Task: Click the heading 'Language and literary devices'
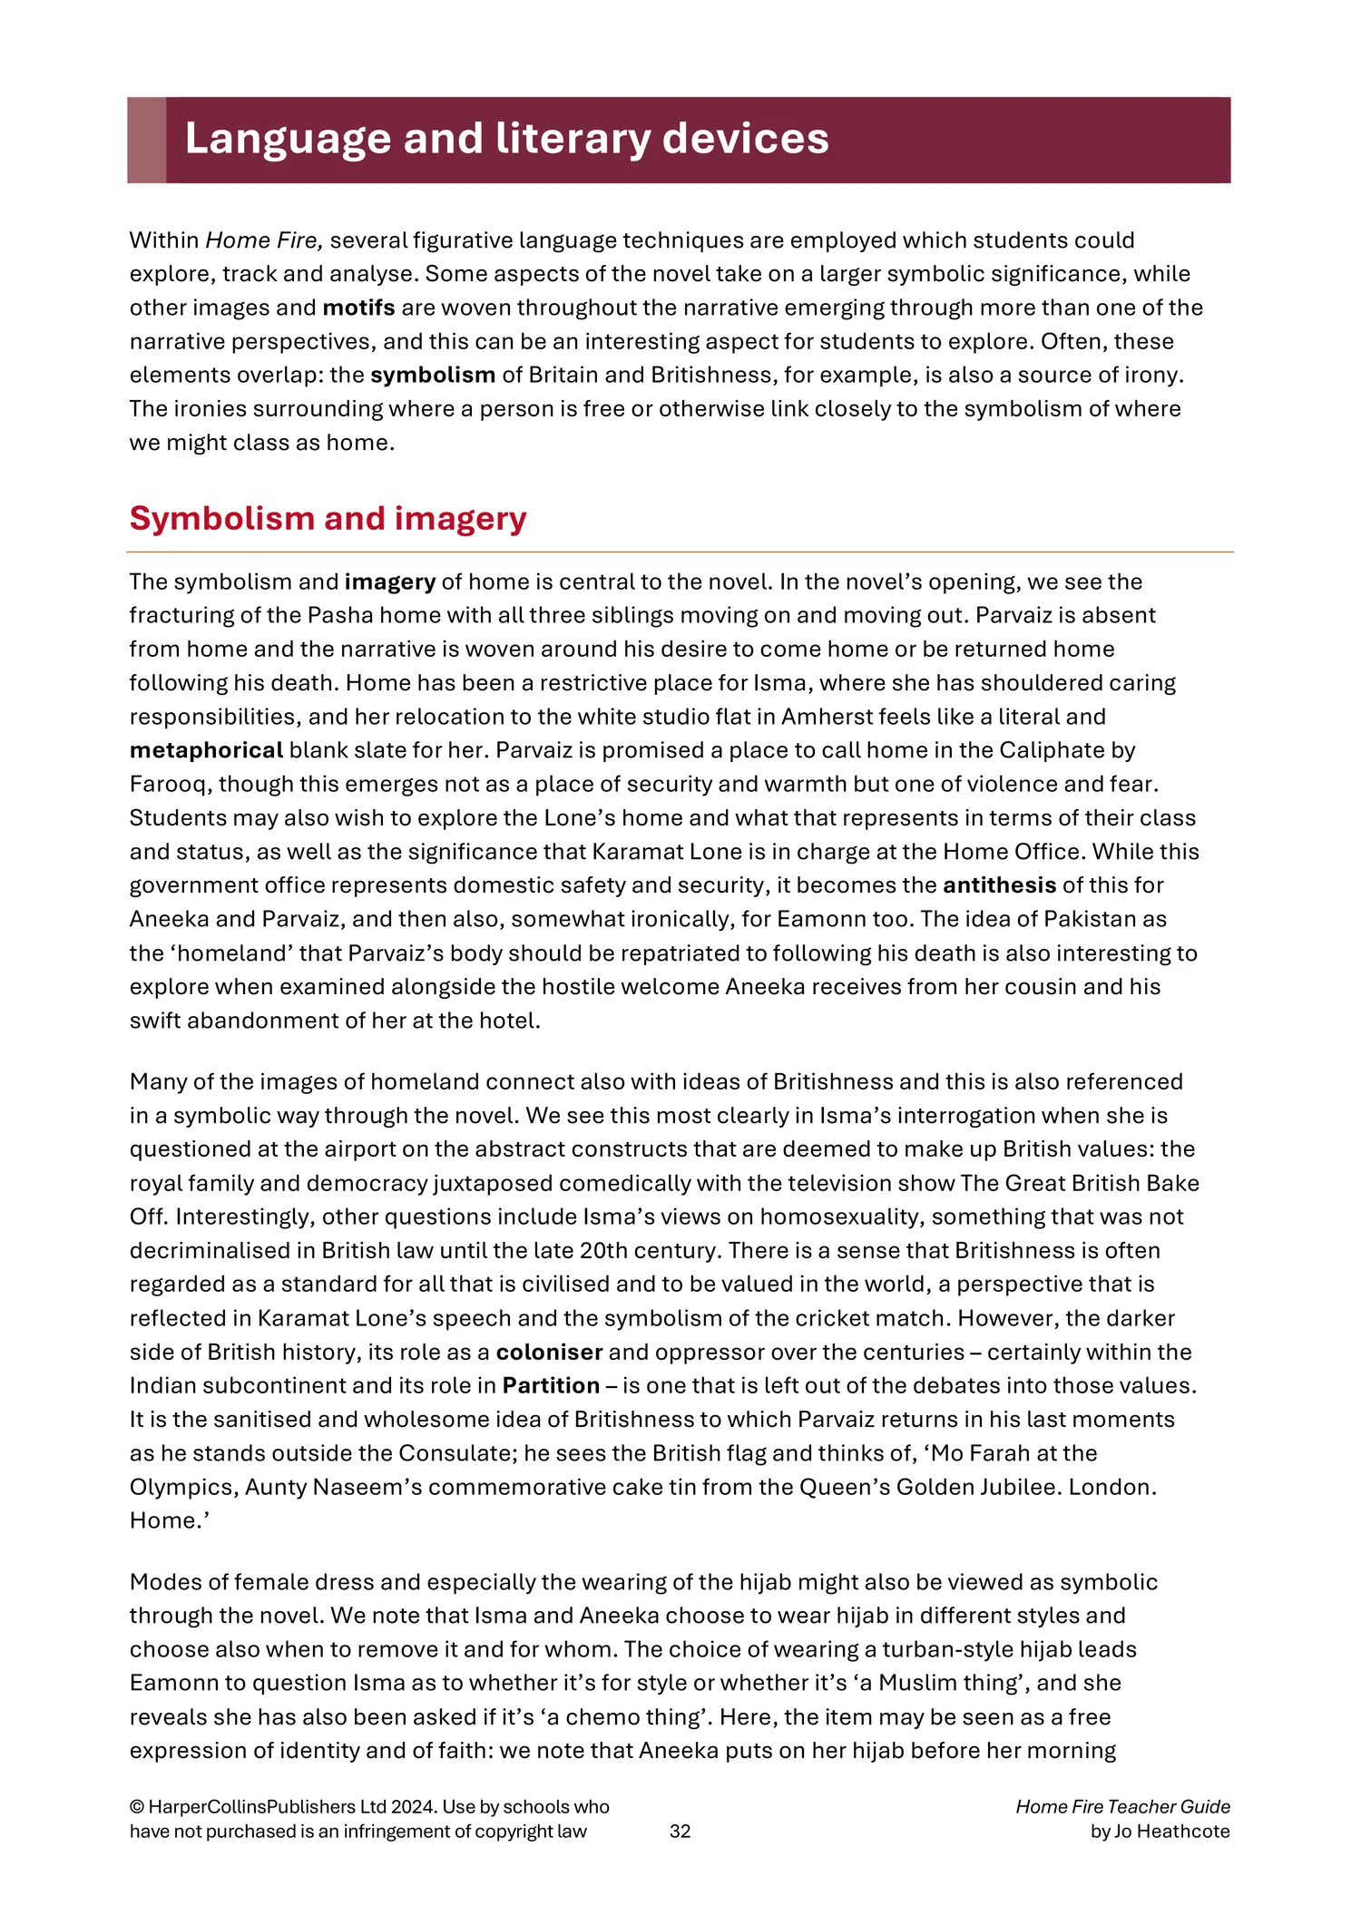(x=506, y=139)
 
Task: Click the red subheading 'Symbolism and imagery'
(x=328, y=518)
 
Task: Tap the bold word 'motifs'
(x=358, y=308)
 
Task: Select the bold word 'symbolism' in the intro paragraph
(x=433, y=375)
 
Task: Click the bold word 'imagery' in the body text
(x=390, y=581)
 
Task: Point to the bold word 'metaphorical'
(x=206, y=750)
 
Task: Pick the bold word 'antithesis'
(x=999, y=885)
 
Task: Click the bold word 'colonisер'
(x=549, y=1352)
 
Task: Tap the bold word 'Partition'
(x=551, y=1385)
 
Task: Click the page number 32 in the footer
(x=680, y=1832)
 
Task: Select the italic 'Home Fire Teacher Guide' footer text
(x=1122, y=1807)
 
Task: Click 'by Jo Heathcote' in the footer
(x=1160, y=1832)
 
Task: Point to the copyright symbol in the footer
(x=137, y=1807)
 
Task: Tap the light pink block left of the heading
(x=146, y=140)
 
